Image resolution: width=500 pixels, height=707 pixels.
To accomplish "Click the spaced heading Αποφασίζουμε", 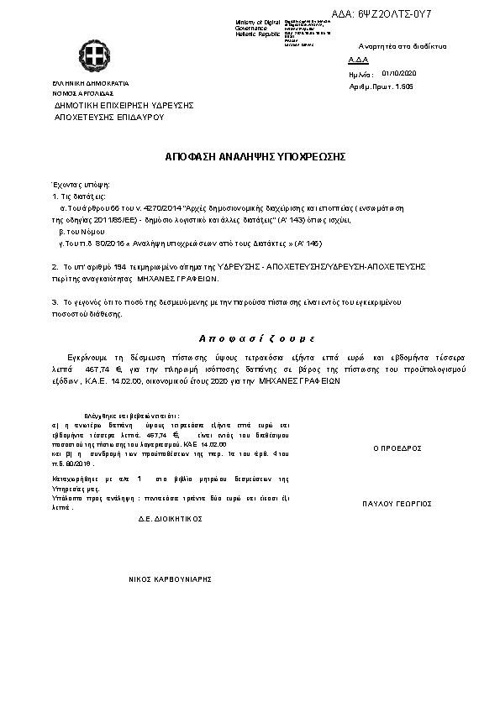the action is coord(255,338).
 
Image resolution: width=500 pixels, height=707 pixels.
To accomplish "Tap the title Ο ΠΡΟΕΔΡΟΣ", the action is coord(397,448).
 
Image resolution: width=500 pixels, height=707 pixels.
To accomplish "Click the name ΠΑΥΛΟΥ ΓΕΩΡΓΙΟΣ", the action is coord(397,504).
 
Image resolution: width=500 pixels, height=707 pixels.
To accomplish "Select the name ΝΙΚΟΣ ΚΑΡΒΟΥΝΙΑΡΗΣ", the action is coord(169,579).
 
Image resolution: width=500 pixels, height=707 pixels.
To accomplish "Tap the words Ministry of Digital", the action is coord(258,22).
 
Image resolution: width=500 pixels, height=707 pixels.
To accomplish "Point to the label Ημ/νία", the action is coord(359,74).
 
